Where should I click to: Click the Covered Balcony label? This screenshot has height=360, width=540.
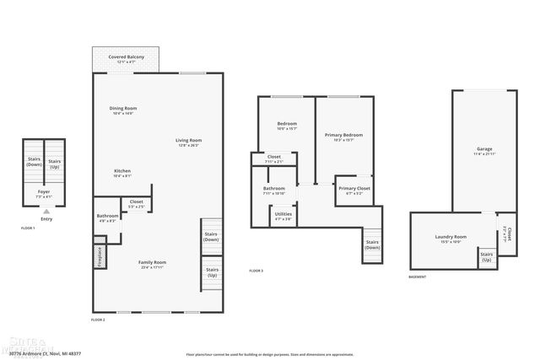pyautogui.click(x=126, y=57)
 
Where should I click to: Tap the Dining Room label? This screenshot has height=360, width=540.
pyautogui.click(x=123, y=109)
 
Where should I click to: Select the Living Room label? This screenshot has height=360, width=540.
pyautogui.click(x=188, y=140)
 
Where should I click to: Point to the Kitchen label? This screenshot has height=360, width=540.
pyautogui.click(x=122, y=172)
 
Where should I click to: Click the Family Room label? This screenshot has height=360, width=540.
pyautogui.click(x=153, y=262)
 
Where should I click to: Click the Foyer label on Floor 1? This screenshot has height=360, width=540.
pyautogui.click(x=44, y=191)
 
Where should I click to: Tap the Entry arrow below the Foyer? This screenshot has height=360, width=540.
pyautogui.click(x=46, y=211)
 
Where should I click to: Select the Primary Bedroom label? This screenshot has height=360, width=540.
pyautogui.click(x=343, y=135)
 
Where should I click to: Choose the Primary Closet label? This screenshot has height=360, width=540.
pyautogui.click(x=354, y=189)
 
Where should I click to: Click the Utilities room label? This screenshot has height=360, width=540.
pyautogui.click(x=283, y=214)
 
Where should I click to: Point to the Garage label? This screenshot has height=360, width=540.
pyautogui.click(x=484, y=149)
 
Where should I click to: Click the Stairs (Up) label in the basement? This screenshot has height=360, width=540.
pyautogui.click(x=486, y=256)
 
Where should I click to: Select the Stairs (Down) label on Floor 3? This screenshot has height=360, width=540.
pyautogui.click(x=372, y=244)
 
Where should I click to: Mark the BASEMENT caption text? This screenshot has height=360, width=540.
pyautogui.click(x=417, y=277)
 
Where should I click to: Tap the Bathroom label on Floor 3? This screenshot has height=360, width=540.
pyautogui.click(x=274, y=189)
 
